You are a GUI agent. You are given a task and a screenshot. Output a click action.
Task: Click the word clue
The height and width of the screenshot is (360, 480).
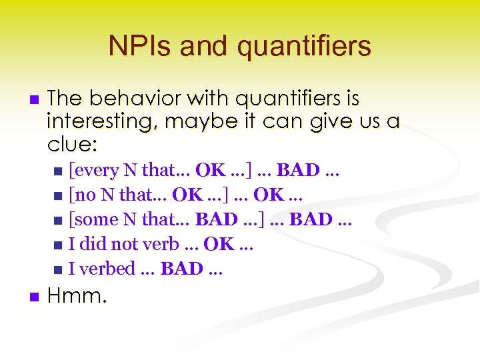click(69, 144)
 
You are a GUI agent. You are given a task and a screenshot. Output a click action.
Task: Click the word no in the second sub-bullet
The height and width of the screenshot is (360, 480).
click(83, 195)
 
